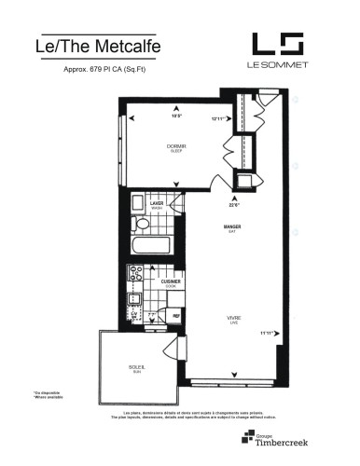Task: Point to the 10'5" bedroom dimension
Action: [x=176, y=116]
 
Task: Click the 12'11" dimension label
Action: [x=219, y=118]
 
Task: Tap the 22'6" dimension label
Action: [x=235, y=206]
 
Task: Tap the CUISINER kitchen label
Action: [x=169, y=282]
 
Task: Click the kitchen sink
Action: [x=134, y=300]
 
